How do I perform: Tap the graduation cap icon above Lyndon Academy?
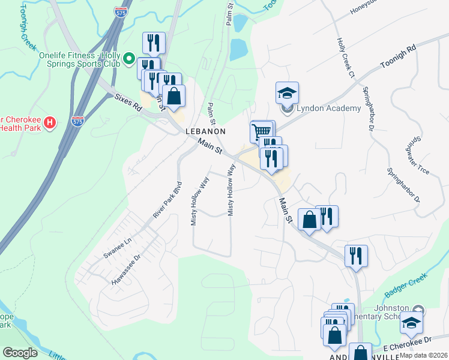288,93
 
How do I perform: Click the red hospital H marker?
50,122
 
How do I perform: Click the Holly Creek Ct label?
346,58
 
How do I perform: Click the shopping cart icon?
261,130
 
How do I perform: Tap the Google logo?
20,352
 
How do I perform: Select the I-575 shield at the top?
121,11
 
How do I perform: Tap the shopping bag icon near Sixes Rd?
174,95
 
